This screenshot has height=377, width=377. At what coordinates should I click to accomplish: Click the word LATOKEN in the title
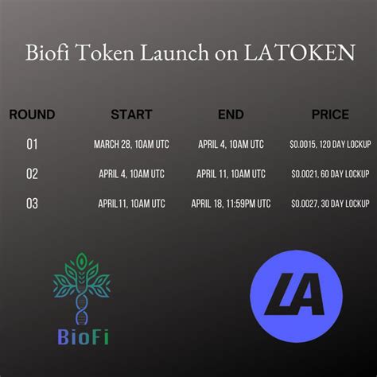(x=299, y=52)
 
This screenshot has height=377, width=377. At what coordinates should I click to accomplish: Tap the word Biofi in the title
(x=47, y=52)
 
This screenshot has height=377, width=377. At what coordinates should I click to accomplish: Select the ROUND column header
(x=32, y=115)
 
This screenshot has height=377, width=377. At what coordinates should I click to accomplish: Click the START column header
(x=131, y=115)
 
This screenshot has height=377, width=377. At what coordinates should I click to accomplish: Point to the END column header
(x=231, y=115)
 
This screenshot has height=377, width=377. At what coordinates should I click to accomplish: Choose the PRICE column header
(x=330, y=115)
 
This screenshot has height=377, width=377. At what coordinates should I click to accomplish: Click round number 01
(x=32, y=144)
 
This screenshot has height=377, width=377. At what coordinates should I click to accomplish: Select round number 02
(x=32, y=174)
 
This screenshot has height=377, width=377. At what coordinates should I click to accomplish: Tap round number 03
(x=32, y=204)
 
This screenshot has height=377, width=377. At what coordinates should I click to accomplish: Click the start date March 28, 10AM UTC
(x=131, y=145)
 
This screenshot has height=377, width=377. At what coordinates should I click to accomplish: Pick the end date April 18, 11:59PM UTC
(x=231, y=204)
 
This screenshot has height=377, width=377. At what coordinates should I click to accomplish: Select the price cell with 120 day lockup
(x=330, y=145)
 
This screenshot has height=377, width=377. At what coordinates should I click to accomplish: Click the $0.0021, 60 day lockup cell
(x=330, y=174)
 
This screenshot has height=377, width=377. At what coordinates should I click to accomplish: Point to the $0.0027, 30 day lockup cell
(x=330, y=204)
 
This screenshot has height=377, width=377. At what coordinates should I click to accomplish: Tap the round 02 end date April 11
(x=231, y=174)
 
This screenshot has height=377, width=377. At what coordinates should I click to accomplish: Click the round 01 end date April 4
(x=231, y=145)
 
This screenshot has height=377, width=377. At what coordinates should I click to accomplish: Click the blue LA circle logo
(x=297, y=297)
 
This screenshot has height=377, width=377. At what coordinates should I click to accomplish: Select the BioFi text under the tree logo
(x=83, y=336)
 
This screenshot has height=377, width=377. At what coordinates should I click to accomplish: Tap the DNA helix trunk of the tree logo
(x=82, y=309)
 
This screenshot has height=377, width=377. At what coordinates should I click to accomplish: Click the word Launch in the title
(x=175, y=52)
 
